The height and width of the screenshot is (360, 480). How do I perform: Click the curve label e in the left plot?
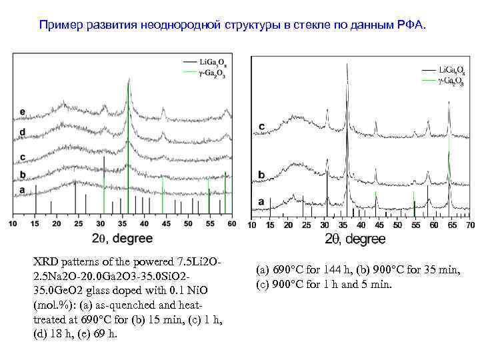23,111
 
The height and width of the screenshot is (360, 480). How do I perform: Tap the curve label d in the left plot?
23,132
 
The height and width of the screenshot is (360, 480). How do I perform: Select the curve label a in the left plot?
23,190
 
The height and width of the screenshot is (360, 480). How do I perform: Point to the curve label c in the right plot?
261,126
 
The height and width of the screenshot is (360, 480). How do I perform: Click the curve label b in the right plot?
261,175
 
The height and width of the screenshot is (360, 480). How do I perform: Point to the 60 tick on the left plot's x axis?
231,225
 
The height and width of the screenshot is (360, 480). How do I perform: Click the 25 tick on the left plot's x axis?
78,225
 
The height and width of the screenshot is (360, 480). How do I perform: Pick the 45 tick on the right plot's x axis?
379,226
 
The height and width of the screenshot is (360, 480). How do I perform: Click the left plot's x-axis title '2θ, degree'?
122,238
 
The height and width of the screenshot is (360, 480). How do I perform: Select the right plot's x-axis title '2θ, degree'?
355,239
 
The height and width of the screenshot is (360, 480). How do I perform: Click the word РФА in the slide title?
417,25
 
